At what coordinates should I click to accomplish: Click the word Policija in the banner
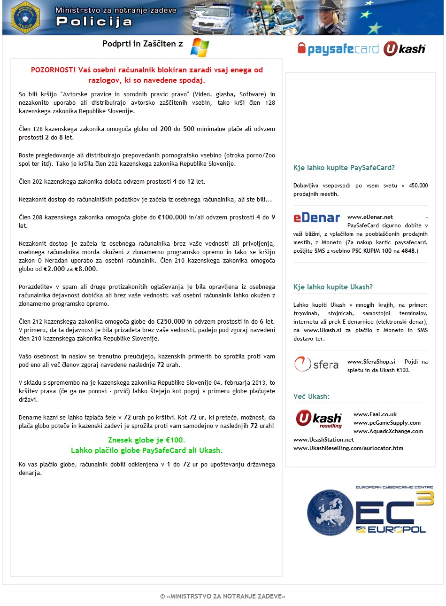[94, 22]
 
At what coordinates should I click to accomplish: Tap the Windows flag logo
[200, 47]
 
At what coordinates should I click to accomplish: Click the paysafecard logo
[338, 49]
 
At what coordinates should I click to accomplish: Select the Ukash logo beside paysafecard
[404, 49]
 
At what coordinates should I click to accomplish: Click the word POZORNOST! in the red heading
[53, 70]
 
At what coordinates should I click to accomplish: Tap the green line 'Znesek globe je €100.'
[146, 440]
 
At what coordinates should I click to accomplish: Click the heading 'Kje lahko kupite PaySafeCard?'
[344, 168]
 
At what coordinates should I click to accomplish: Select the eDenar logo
[316, 218]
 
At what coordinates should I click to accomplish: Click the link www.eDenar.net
[370, 217]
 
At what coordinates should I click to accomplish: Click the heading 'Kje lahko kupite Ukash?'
[333, 287]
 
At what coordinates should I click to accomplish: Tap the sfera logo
[316, 365]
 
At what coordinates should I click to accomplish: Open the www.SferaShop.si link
[371, 362]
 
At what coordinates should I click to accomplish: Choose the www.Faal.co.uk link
[375, 414]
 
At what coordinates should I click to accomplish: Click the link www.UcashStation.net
[323, 440]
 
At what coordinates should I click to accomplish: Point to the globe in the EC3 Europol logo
[331, 513]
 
